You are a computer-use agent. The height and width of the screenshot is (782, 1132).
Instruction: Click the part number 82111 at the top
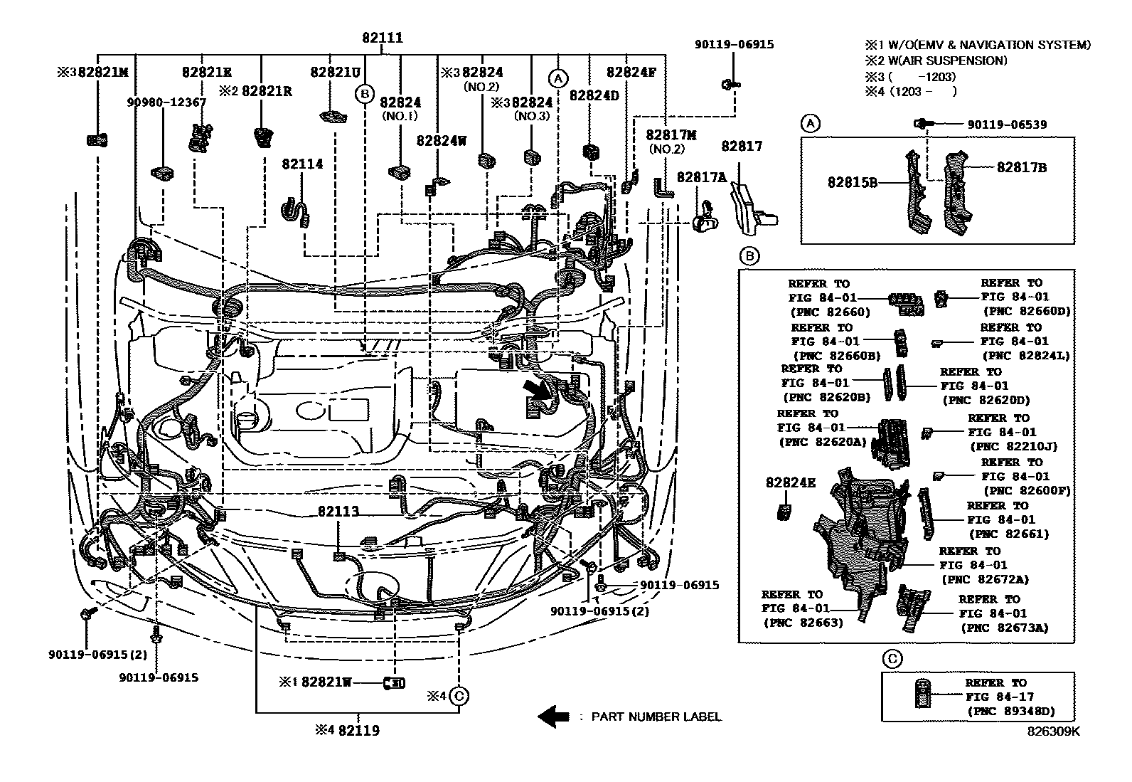383,38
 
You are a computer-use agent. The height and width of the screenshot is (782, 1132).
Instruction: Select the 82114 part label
302,164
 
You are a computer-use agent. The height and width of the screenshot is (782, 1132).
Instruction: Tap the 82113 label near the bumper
338,512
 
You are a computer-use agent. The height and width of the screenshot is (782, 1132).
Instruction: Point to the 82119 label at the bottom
359,730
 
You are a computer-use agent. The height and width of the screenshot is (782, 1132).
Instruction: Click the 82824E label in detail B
791,482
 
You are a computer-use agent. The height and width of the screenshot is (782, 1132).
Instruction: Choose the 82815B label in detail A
852,182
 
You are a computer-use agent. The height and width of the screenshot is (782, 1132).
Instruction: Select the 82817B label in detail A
1021,167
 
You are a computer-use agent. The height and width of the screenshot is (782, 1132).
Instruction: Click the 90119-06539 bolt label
1007,125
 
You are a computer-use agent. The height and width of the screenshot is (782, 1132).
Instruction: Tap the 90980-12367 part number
166,102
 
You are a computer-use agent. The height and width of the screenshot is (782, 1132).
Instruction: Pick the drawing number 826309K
1054,731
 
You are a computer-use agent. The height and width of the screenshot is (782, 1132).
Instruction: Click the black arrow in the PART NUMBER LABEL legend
553,717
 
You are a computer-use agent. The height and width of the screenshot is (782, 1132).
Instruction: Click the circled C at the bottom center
459,696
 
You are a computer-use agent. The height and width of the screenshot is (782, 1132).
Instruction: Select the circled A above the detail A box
811,123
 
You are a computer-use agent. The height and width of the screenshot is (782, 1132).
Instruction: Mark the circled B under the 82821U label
364,94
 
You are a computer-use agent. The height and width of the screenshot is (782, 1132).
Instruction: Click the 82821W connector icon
394,683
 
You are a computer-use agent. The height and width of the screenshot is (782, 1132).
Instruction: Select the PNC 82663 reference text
803,623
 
